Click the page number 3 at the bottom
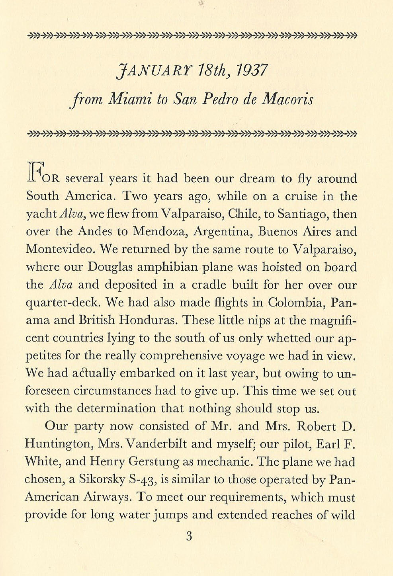pos(189,536)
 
